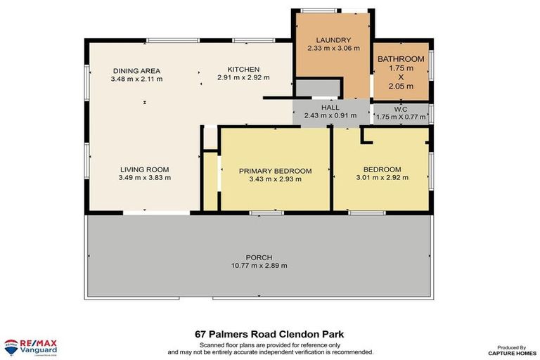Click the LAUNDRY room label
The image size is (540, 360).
point(333,40)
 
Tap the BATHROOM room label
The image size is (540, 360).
point(401,59)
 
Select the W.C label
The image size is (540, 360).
point(401,109)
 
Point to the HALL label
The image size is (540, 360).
point(330,107)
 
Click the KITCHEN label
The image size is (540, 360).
point(243,69)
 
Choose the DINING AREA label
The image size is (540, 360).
point(136,71)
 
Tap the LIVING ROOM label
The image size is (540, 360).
point(144,169)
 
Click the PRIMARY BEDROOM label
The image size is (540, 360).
point(275,171)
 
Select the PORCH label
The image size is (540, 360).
point(259,257)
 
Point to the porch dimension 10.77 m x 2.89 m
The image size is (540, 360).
point(259,266)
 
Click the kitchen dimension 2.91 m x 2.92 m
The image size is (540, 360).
point(243,77)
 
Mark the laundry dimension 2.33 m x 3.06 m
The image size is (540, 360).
point(333,49)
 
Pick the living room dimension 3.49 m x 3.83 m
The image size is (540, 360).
point(144,178)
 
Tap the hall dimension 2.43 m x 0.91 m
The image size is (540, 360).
point(330,115)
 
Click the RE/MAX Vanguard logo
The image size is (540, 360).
point(30,346)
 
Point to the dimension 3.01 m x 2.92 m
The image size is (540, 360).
point(382,178)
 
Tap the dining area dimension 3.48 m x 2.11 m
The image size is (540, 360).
point(136,79)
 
